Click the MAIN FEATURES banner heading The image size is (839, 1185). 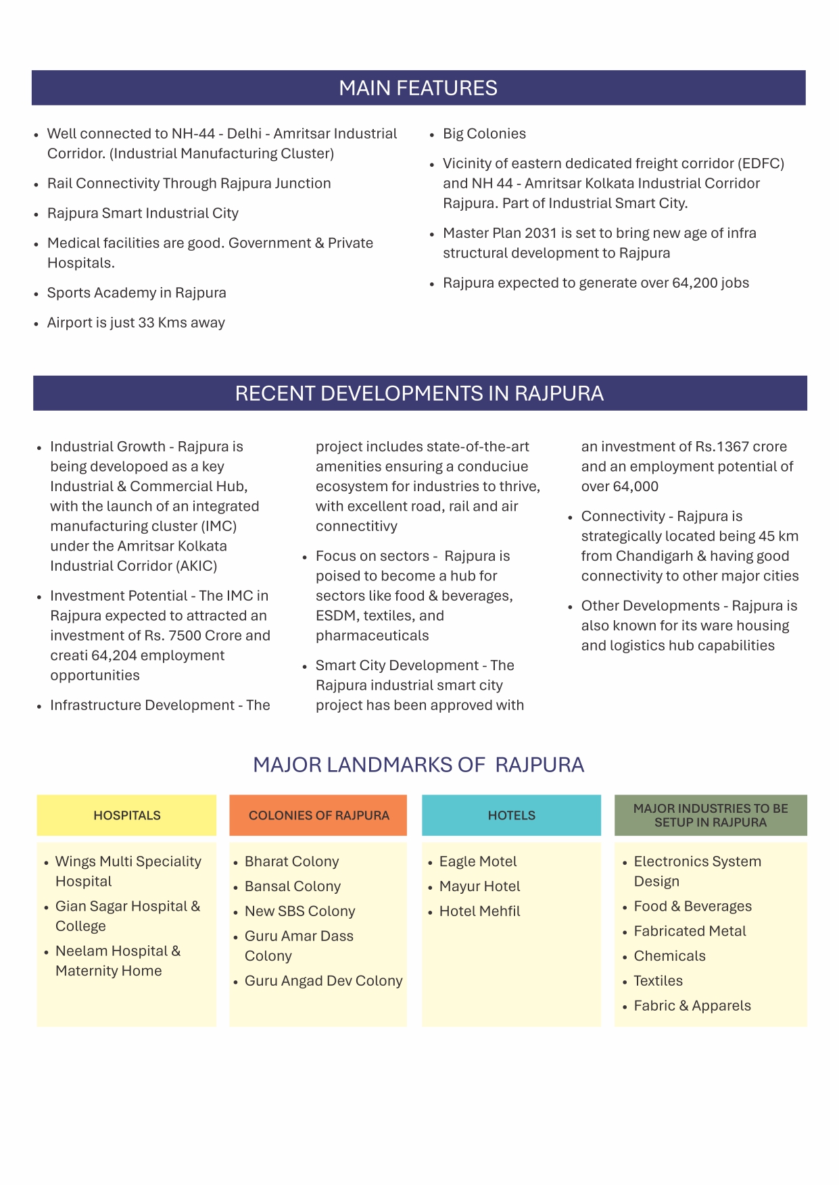tap(418, 88)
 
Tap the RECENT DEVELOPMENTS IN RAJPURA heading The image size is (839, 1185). tap(419, 393)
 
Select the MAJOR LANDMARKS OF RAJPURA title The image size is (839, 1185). tap(418, 765)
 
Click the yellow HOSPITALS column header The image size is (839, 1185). tap(127, 815)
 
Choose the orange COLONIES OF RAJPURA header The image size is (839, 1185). tap(318, 815)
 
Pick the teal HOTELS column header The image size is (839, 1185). tap(511, 815)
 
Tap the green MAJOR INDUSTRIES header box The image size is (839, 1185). tap(711, 815)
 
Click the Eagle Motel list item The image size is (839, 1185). tap(477, 861)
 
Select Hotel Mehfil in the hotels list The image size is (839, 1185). tap(479, 911)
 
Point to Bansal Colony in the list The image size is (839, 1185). tap(292, 886)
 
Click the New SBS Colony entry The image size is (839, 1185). tap(299, 911)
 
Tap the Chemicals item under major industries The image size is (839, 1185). tap(669, 956)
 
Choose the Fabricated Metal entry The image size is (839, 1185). tap(690, 931)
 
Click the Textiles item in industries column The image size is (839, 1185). tap(658, 981)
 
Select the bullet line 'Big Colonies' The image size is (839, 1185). tap(484, 134)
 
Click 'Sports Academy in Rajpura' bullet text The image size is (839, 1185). tap(137, 293)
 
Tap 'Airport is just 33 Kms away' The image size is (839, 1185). tap(136, 323)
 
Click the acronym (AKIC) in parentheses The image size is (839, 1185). tap(197, 566)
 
